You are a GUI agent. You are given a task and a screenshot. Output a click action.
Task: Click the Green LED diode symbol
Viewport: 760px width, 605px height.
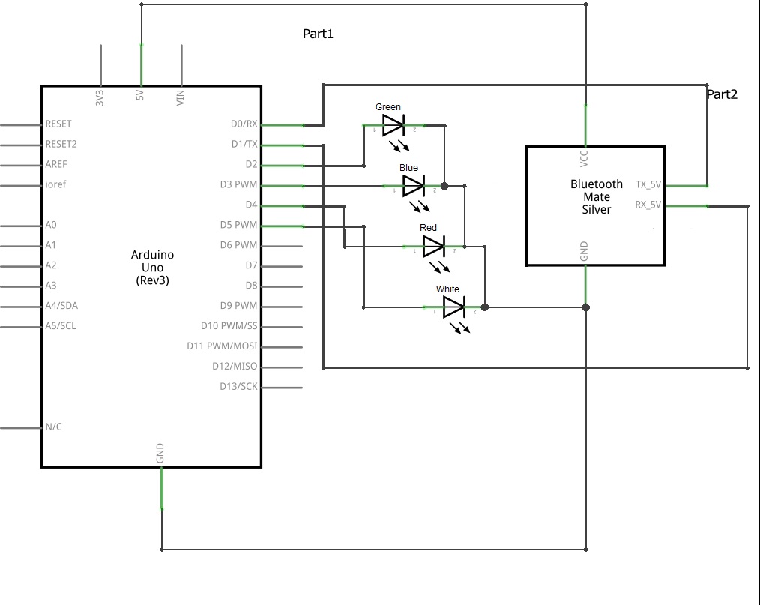pyautogui.click(x=393, y=126)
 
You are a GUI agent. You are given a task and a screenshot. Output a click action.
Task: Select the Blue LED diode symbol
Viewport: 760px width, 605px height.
pyautogui.click(x=414, y=186)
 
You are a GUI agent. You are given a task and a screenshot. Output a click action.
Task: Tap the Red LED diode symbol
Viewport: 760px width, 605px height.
pyautogui.click(x=434, y=247)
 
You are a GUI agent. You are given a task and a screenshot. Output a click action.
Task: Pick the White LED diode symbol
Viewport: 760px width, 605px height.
pyautogui.click(x=455, y=307)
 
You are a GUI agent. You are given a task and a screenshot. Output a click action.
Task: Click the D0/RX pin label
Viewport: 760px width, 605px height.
pyautogui.click(x=244, y=124)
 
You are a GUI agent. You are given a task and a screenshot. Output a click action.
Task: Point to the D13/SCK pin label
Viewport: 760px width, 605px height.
pyautogui.click(x=238, y=386)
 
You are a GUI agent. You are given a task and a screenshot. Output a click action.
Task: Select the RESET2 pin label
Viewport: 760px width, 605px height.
pyautogui.click(x=61, y=144)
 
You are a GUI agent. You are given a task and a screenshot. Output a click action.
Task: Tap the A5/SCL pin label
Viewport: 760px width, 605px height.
pyautogui.click(x=61, y=326)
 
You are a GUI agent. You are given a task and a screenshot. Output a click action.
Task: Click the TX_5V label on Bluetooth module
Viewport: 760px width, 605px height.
pyautogui.click(x=648, y=184)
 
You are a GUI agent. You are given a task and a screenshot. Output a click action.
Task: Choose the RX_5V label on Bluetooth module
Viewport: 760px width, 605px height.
pyautogui.click(x=648, y=205)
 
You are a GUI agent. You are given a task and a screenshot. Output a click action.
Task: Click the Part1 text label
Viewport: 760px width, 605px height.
pyautogui.click(x=318, y=34)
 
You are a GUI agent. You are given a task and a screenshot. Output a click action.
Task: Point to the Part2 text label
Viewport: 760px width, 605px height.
pyautogui.click(x=722, y=94)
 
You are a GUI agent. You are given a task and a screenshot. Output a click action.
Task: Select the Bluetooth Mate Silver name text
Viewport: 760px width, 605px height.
pyautogui.click(x=597, y=197)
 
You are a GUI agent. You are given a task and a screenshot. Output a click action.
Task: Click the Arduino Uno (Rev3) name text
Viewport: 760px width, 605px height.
pyautogui.click(x=152, y=268)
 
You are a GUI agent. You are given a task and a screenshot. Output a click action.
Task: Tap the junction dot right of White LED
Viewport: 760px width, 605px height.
pyautogui.click(x=485, y=307)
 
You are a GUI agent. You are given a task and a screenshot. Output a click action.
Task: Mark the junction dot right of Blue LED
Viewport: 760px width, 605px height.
pyautogui.click(x=444, y=186)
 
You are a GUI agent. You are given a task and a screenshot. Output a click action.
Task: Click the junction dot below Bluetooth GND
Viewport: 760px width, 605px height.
pyautogui.click(x=585, y=307)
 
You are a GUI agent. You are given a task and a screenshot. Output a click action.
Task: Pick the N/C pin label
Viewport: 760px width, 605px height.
pyautogui.click(x=53, y=427)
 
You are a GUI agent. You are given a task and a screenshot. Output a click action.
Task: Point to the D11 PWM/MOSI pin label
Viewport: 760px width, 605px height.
pyautogui.click(x=222, y=346)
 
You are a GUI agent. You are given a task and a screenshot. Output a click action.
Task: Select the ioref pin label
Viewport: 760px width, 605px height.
pyautogui.click(x=55, y=184)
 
